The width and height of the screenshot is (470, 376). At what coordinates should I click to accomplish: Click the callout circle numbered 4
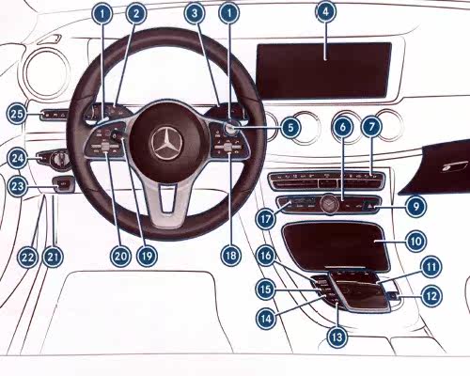click(325, 11)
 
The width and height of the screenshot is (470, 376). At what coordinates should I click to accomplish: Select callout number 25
click(17, 114)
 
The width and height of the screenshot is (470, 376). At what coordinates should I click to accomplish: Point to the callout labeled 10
click(416, 242)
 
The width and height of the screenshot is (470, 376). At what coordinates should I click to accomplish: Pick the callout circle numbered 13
click(337, 337)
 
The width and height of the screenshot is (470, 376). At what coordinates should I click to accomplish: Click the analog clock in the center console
click(329, 204)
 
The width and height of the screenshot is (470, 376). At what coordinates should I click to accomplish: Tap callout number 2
click(136, 13)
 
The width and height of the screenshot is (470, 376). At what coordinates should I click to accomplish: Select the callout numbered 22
click(27, 257)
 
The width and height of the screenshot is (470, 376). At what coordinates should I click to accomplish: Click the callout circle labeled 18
click(231, 256)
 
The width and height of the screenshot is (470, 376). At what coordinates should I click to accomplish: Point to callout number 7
click(372, 127)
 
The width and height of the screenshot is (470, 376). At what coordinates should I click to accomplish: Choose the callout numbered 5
click(290, 128)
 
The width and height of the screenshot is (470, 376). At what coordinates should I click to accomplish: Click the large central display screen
click(324, 70)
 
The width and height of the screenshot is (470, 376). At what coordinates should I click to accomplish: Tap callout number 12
click(431, 295)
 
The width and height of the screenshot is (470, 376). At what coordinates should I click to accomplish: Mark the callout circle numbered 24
click(17, 158)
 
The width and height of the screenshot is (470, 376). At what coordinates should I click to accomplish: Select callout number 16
click(266, 256)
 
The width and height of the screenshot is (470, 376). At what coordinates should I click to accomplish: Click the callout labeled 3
click(195, 13)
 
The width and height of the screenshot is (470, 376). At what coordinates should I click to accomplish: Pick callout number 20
click(120, 257)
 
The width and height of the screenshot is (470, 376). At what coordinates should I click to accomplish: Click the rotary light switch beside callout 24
click(60, 158)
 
